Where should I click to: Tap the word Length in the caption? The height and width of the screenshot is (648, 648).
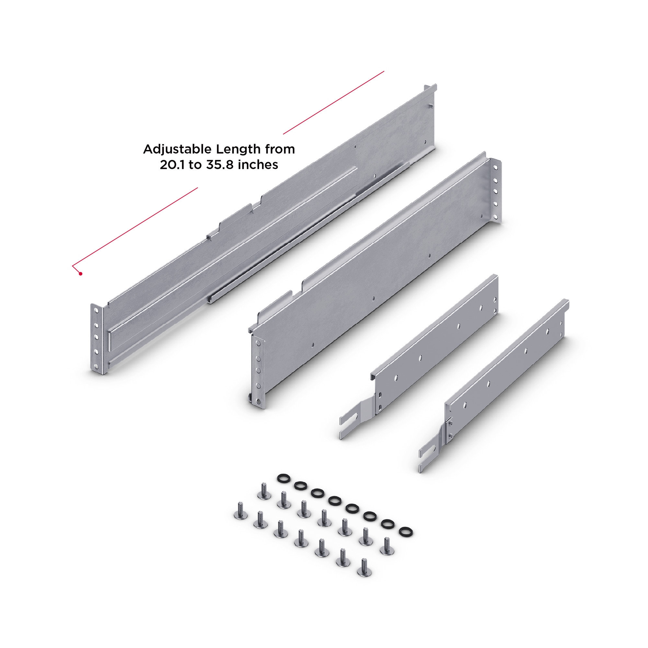(238, 149)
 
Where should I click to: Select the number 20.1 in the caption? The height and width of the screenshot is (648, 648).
(172, 165)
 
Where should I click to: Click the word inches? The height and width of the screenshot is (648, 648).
(259, 165)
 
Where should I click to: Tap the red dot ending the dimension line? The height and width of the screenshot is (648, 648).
(80, 274)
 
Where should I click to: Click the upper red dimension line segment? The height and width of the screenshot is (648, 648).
(333, 103)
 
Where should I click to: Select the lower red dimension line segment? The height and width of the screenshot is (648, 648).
(135, 227)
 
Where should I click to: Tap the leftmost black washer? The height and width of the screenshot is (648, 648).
(283, 478)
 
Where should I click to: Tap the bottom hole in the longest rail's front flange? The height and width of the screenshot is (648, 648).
(97, 366)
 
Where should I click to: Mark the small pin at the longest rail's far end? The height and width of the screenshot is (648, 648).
(431, 106)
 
